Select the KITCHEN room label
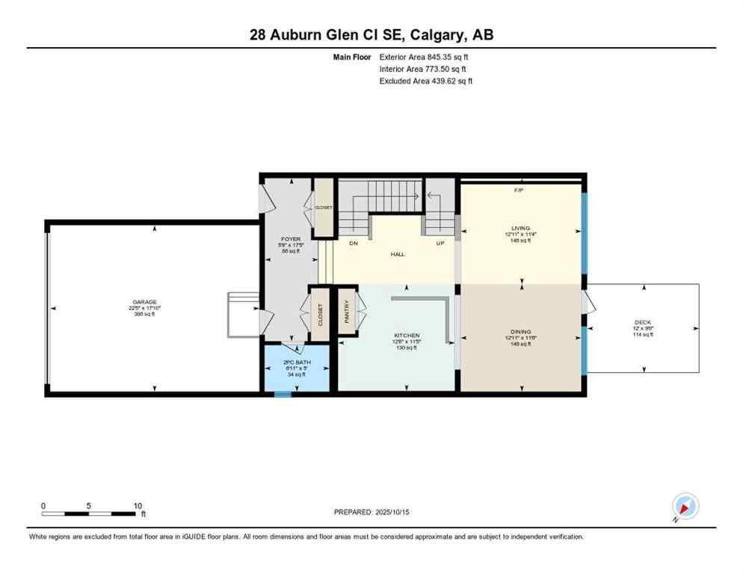(x=407, y=336)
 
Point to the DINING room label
(x=521, y=331)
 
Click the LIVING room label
(x=521, y=228)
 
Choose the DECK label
(x=643, y=322)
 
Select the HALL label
(x=398, y=254)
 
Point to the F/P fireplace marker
(x=519, y=191)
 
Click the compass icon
(x=684, y=507)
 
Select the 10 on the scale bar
(x=138, y=506)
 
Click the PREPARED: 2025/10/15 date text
(x=371, y=512)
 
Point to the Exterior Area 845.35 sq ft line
(x=425, y=57)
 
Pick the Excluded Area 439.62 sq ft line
(x=426, y=81)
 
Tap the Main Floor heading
(x=354, y=57)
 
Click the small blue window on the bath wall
(x=283, y=394)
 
